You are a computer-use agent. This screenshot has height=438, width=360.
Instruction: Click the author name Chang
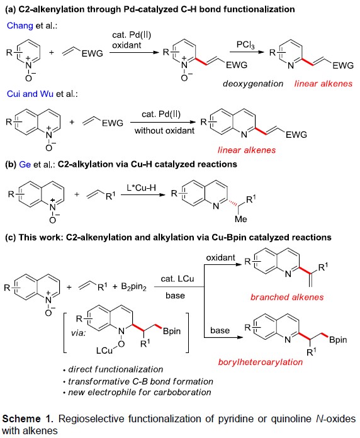click(x=20, y=25)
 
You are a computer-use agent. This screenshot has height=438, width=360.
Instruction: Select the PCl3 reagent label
click(x=245, y=45)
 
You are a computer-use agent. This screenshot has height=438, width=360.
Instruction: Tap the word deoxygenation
click(x=253, y=84)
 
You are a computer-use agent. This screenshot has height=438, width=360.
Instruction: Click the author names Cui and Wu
click(x=30, y=94)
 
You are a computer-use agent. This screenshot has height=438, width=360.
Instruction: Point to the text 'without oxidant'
click(x=164, y=131)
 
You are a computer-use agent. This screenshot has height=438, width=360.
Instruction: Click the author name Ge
click(x=25, y=164)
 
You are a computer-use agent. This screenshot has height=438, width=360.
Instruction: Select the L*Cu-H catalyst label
click(x=141, y=188)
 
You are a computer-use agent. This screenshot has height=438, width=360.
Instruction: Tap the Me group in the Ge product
click(x=241, y=219)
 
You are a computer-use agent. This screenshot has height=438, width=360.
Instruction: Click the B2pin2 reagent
click(x=133, y=287)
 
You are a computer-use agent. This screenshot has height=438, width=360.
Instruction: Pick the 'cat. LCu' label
click(x=177, y=279)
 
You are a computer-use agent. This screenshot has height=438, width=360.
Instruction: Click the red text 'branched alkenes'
click(x=287, y=297)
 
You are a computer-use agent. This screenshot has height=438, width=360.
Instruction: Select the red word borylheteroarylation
click(x=261, y=362)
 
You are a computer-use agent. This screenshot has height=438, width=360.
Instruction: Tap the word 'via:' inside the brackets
click(x=79, y=333)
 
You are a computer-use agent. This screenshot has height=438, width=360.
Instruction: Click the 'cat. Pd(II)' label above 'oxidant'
click(x=132, y=35)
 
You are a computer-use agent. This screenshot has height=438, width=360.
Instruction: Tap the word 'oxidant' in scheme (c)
click(x=220, y=257)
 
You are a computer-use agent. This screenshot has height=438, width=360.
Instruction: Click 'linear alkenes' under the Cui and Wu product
click(x=247, y=150)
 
